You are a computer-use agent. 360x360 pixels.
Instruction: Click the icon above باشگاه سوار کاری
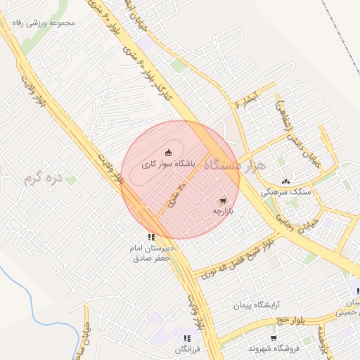tap(168, 152)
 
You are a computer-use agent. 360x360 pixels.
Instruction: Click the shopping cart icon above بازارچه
tap(224, 200)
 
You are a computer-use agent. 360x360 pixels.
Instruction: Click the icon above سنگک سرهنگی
tap(285, 181)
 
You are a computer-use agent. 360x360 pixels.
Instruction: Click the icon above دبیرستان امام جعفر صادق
tap(150, 237)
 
